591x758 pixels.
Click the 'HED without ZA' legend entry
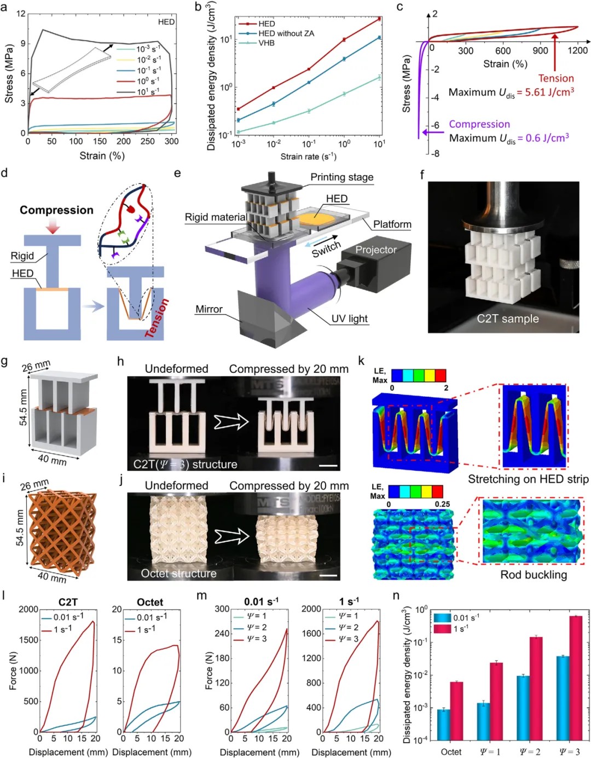click(286, 33)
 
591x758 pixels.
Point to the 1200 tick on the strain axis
click(577, 50)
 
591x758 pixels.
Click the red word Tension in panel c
click(556, 78)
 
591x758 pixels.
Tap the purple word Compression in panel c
click(479, 124)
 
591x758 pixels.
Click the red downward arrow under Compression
click(53, 225)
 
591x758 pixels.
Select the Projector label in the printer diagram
click(376, 250)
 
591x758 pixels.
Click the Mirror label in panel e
click(209, 309)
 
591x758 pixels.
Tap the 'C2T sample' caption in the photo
click(508, 319)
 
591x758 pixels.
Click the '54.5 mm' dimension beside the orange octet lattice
click(20, 528)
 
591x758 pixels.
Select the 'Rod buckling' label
click(534, 575)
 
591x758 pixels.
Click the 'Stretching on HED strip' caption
click(528, 479)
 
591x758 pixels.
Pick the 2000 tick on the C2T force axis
click(28, 609)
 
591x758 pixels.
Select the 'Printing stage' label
click(341, 177)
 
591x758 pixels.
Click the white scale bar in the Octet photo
click(328, 575)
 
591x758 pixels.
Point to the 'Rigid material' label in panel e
click(215, 217)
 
